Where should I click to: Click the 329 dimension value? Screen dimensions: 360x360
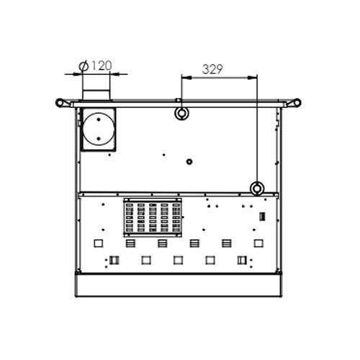pyautogui.click(x=214, y=70)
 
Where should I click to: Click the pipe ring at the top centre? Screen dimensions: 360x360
pyautogui.click(x=181, y=113)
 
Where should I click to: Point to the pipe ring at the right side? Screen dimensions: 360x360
pyautogui.click(x=256, y=189)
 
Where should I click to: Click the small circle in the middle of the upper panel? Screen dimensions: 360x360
pyautogui.click(x=189, y=161)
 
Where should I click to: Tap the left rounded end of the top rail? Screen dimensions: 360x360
pyautogui.click(x=58, y=102)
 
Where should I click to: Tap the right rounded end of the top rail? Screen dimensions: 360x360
pyautogui.click(x=297, y=102)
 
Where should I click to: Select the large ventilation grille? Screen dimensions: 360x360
pyautogui.click(x=153, y=218)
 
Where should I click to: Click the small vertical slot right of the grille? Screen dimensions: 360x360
pyautogui.click(x=262, y=216)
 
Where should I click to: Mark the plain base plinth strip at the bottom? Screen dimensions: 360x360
pyautogui.click(x=178, y=286)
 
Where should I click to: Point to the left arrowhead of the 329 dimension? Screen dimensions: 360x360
pyautogui.click(x=184, y=77)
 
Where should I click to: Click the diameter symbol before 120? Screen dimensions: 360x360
pyautogui.click(x=84, y=66)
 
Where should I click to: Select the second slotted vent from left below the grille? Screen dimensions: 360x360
pyautogui.click(x=162, y=243)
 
